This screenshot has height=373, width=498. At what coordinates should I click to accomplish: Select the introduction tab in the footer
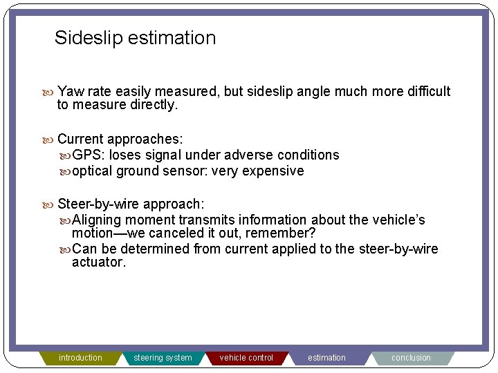(80, 358)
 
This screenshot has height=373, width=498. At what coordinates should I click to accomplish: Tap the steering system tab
(163, 358)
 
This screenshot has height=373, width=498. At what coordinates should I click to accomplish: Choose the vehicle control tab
(246, 358)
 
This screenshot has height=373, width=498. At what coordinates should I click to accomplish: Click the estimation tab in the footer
(326, 358)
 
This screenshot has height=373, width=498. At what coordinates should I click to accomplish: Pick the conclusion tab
(411, 358)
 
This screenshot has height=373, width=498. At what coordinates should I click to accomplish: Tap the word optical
(93, 171)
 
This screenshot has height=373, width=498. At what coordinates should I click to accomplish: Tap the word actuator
(99, 262)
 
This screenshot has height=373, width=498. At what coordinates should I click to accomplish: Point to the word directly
(154, 105)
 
